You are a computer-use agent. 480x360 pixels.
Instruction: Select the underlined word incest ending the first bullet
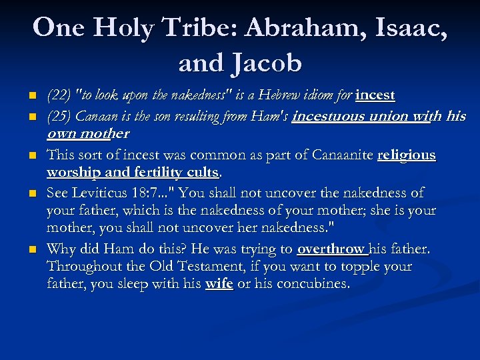point(375,96)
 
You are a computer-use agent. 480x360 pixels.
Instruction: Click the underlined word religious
point(407,155)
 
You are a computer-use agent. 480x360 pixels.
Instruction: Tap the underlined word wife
point(219,284)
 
